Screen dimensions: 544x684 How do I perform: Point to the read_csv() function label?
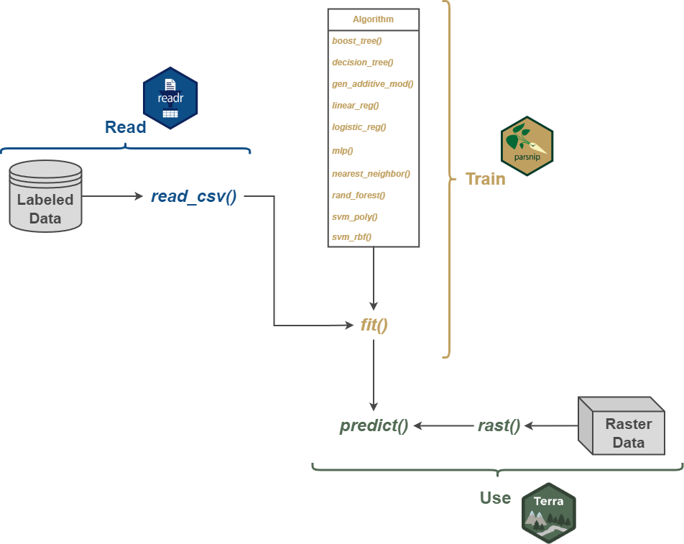coord(193,196)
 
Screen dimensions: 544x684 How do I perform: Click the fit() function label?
coord(374,325)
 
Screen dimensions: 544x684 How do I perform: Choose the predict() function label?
coord(374,425)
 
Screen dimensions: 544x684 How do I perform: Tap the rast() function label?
coord(499,425)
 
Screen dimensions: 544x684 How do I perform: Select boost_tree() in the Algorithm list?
coord(357,41)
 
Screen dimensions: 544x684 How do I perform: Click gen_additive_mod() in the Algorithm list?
coord(372,84)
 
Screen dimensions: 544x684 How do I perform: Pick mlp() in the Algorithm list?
coord(342,151)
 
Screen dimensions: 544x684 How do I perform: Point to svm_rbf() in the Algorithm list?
coord(351,236)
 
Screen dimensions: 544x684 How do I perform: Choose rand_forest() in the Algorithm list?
coord(359,195)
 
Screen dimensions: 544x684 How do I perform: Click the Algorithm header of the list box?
coord(373,19)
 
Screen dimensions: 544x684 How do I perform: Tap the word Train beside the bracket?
coord(485,179)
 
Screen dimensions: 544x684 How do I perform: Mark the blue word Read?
coord(125,127)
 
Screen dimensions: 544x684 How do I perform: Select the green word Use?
coord(495,498)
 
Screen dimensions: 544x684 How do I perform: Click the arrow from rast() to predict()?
coord(442,425)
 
